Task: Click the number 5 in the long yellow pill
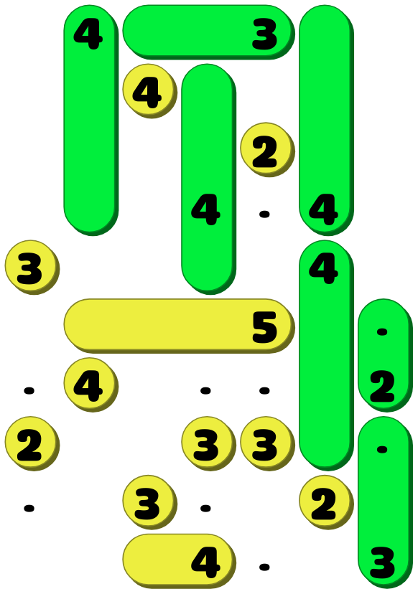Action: pos(265,327)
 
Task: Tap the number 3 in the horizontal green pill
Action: pos(265,34)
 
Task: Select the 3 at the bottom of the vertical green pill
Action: pos(382,562)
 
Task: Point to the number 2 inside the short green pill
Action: pos(382,387)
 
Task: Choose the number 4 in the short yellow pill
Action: pos(205,562)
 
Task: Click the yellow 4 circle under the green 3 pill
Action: pos(149,91)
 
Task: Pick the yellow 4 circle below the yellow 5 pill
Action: pos(90,385)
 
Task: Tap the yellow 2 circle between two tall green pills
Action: pos(267,150)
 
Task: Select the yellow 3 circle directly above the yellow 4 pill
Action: pos(149,502)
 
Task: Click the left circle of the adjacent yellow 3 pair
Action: pos(208,443)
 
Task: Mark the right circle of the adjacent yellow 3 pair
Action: pos(267,443)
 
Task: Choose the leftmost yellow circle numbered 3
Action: pos(32,267)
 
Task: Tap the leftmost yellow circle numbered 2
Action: pos(32,443)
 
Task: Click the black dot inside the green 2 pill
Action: pos(382,332)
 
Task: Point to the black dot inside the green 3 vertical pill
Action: pos(382,450)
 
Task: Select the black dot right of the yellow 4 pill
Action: pos(264,567)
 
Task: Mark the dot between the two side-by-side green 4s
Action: pos(264,214)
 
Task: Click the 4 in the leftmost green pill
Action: pos(88,34)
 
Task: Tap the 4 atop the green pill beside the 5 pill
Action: pos(323,269)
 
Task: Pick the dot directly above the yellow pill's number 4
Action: pos(205,509)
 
